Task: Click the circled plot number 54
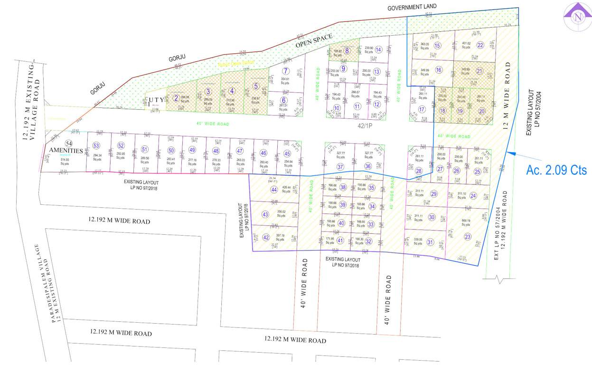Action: point(69,143)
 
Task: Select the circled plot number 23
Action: point(468,236)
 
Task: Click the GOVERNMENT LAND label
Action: point(412,8)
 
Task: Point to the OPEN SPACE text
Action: point(314,41)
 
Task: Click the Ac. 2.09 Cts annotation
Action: point(556,170)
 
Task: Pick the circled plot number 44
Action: point(274,190)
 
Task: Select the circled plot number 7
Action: point(286,71)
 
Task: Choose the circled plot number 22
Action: point(480,45)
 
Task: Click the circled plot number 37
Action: point(340,167)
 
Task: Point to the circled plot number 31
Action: point(430,242)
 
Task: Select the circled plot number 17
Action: point(421,109)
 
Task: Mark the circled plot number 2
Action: point(176,98)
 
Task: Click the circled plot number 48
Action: point(216,151)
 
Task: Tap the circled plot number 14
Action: point(378,49)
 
